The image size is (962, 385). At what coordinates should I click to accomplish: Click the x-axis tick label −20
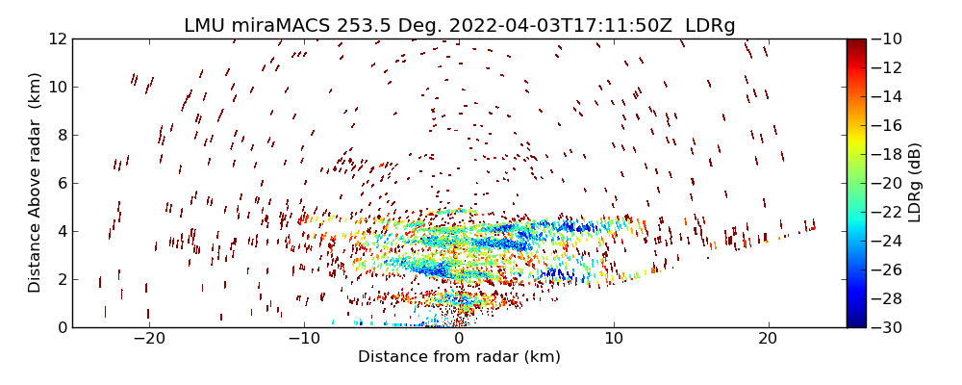point(149,339)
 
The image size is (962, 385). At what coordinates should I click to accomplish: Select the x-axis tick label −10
point(304,339)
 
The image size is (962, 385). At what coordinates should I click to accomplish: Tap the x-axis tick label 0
point(459,339)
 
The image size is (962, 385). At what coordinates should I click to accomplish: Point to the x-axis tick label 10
point(614,339)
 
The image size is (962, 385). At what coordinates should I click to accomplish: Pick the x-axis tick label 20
point(768,339)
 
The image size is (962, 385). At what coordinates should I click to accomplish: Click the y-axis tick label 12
point(58,39)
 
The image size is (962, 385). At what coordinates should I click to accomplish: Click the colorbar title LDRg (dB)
point(915,183)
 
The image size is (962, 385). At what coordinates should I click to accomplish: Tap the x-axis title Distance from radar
point(459,357)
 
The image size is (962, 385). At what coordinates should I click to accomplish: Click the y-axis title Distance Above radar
point(36,183)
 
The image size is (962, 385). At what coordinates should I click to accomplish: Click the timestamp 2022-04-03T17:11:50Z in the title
point(555,26)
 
